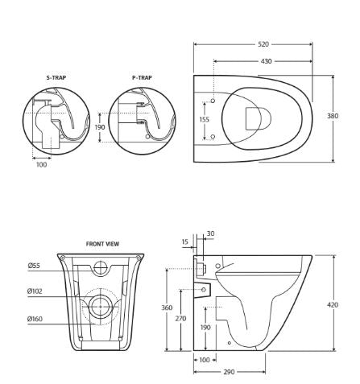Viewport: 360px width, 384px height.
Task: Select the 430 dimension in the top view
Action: click(x=265, y=61)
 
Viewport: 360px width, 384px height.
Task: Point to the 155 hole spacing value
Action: click(x=205, y=119)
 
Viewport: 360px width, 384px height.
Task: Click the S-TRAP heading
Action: click(x=56, y=78)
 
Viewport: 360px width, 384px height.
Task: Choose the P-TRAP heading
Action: click(x=142, y=78)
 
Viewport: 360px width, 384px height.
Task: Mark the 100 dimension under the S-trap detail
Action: click(x=41, y=165)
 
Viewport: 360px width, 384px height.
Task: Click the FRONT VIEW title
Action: click(x=102, y=243)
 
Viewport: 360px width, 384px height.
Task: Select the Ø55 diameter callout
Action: click(x=34, y=265)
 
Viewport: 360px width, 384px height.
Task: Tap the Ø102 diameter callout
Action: click(x=35, y=291)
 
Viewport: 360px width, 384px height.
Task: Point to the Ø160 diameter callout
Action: click(x=35, y=319)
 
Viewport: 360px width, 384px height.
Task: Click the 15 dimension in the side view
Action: click(x=185, y=242)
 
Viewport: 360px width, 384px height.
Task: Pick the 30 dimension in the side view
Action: click(x=210, y=234)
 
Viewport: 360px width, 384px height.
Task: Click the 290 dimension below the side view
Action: click(x=230, y=371)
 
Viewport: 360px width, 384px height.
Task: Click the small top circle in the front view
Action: click(x=101, y=267)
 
